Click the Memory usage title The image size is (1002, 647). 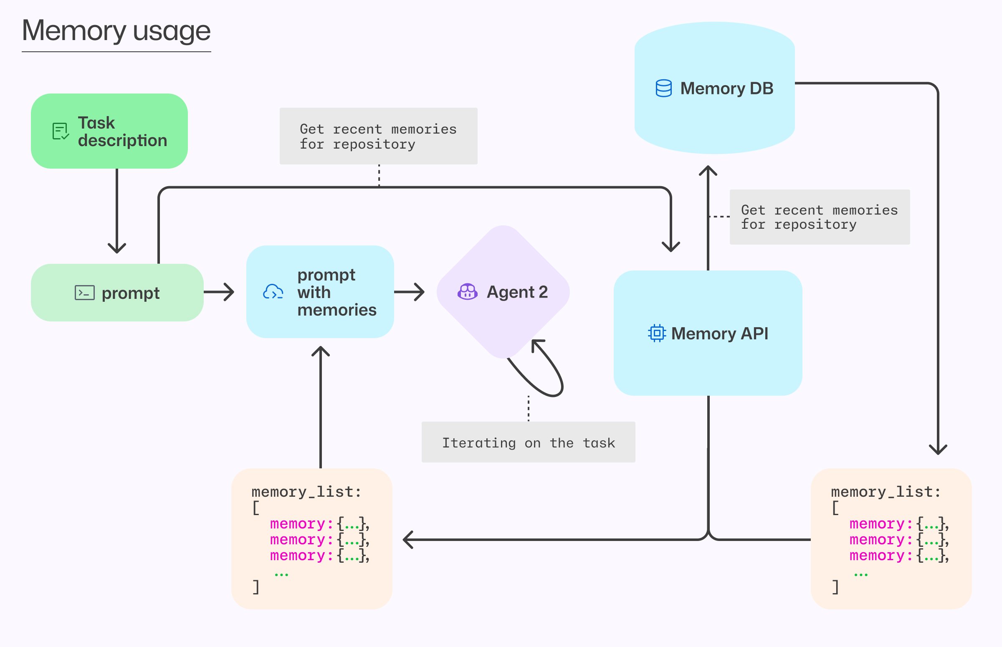click(x=116, y=31)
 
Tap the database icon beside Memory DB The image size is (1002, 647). click(x=663, y=88)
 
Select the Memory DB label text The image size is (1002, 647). click(x=726, y=88)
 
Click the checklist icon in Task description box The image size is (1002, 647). click(x=61, y=131)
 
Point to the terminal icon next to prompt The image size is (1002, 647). click(x=84, y=293)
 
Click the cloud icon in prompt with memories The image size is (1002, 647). click(x=273, y=292)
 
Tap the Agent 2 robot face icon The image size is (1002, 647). click(x=467, y=292)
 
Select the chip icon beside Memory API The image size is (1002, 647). click(x=657, y=334)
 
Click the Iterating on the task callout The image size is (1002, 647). click(x=528, y=442)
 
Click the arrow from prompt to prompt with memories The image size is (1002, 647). click(x=219, y=292)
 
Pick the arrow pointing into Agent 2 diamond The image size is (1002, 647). click(x=410, y=292)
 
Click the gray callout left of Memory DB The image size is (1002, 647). click(x=378, y=136)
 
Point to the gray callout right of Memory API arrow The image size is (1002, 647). click(x=819, y=217)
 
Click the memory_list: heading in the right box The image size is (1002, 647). click(x=886, y=492)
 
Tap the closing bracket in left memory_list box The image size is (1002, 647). click(x=256, y=587)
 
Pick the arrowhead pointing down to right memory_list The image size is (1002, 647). click(x=938, y=450)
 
